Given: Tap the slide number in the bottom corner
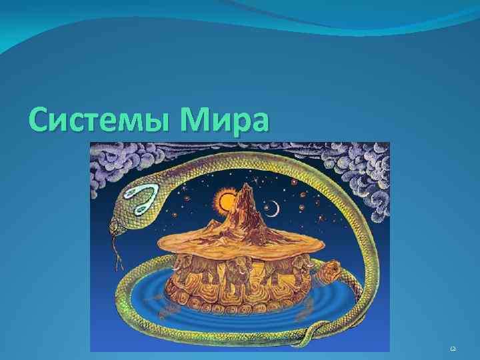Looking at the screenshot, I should coord(453,348).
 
